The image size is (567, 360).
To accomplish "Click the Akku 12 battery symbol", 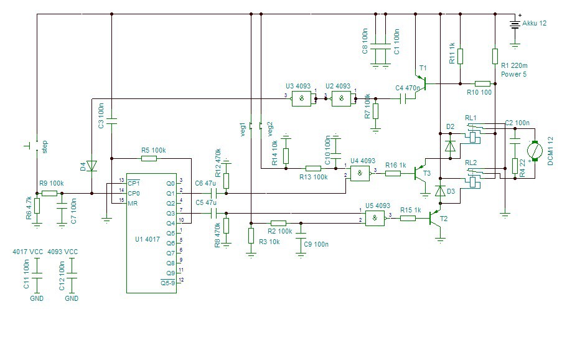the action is tap(515, 25).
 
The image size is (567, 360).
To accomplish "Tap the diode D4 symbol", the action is tap(92, 166).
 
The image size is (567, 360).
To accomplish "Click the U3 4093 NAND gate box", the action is tap(301, 98).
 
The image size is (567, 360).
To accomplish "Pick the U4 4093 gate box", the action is tap(360, 173).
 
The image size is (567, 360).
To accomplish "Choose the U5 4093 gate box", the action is tap(375, 218).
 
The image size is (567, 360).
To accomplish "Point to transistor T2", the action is tap(436, 219).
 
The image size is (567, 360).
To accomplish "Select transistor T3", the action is tap(420, 174).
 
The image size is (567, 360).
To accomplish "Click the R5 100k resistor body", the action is tap(149, 158).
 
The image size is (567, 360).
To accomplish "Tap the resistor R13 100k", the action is tap(314, 168).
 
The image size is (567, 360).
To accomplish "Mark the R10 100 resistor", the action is tap(482, 83).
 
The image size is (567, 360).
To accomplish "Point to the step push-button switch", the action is tap(34, 146).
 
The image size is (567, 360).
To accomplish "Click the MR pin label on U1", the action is tap(133, 203).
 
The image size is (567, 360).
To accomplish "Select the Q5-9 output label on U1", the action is tap(168, 283).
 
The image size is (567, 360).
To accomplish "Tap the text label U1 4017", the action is tap(147, 240).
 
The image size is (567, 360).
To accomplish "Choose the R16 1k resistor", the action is tap(393, 173).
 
